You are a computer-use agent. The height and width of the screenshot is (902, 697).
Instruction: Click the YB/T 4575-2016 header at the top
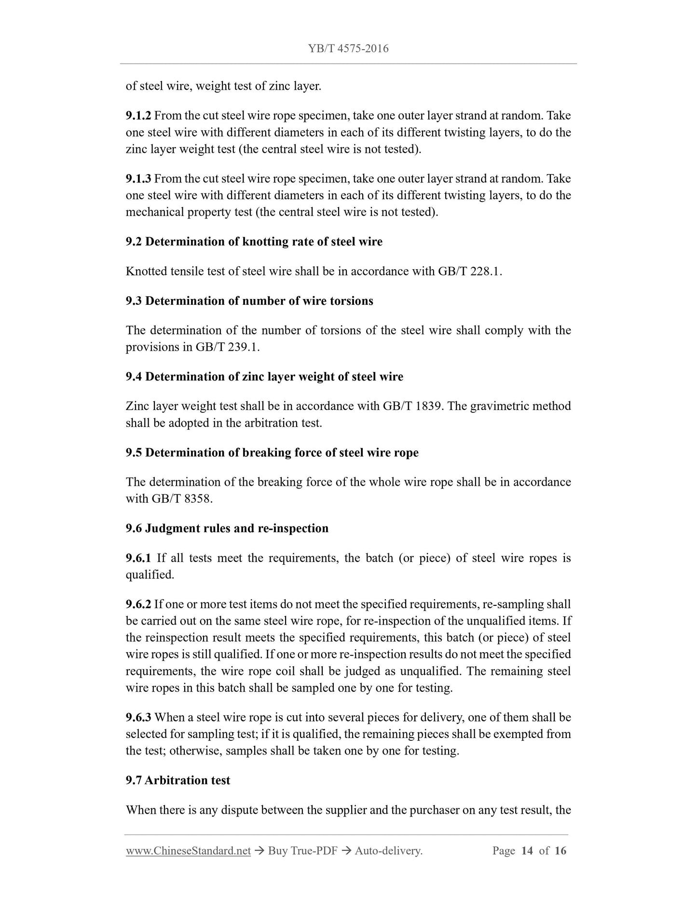pyautogui.click(x=348, y=48)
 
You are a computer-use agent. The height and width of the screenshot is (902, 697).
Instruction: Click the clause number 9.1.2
pyautogui.click(x=138, y=116)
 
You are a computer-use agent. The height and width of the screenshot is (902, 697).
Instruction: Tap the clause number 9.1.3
pyautogui.click(x=138, y=179)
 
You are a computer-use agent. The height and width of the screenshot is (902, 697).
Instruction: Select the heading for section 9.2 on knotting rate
pyautogui.click(x=254, y=242)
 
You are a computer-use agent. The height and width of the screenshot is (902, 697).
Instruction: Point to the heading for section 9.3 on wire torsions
pyautogui.click(x=249, y=301)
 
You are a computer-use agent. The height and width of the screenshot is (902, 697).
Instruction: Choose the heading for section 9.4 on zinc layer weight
pyautogui.click(x=264, y=377)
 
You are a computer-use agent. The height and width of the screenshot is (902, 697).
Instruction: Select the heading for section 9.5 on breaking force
pyautogui.click(x=272, y=453)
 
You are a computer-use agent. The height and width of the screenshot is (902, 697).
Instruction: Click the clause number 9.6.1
pyautogui.click(x=138, y=559)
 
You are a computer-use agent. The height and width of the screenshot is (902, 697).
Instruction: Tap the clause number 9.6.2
pyautogui.click(x=138, y=604)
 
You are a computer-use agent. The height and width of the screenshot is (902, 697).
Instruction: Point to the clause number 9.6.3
pyautogui.click(x=138, y=718)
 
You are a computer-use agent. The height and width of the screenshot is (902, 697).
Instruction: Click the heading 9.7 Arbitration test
pyautogui.click(x=178, y=780)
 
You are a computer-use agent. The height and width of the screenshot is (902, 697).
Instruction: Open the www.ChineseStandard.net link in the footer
pyautogui.click(x=188, y=851)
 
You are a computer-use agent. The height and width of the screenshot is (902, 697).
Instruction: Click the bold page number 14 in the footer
pyautogui.click(x=527, y=851)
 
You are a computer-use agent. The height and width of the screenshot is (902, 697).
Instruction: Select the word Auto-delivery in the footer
pyautogui.click(x=388, y=851)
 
